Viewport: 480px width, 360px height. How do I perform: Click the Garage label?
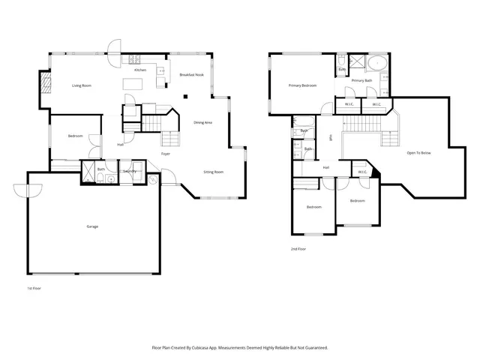pyautogui.click(x=92, y=226)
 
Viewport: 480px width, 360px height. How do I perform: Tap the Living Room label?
pyautogui.click(x=82, y=85)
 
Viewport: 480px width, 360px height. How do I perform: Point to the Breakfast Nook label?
pyautogui.click(x=191, y=75)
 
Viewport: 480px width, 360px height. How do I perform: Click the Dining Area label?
pyautogui.click(x=203, y=122)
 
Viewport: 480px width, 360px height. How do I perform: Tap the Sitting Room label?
pyautogui.click(x=214, y=172)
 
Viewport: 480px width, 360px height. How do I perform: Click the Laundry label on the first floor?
pyautogui.click(x=130, y=171)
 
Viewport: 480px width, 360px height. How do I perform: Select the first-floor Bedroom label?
pyautogui.click(x=75, y=136)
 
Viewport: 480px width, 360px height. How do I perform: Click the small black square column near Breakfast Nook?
pyautogui.click(x=187, y=95)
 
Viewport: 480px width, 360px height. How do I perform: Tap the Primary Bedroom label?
pyautogui.click(x=302, y=85)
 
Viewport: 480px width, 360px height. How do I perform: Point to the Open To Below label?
pyautogui.click(x=418, y=152)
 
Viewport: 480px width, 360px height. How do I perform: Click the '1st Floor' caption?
pyautogui.click(x=34, y=287)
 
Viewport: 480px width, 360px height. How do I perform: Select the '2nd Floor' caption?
pyautogui.click(x=298, y=248)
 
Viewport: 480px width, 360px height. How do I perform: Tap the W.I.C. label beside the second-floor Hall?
pyautogui.click(x=362, y=172)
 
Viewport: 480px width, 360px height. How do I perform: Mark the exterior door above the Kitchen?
pyautogui.click(x=114, y=47)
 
